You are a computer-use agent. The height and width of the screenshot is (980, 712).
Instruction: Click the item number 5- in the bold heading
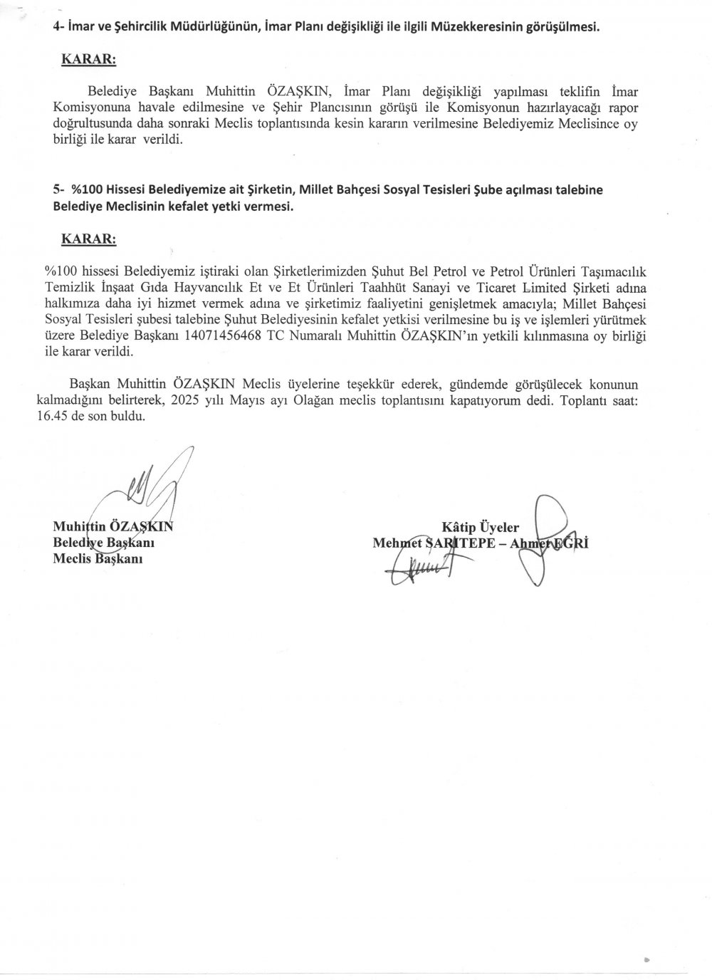pos(59,190)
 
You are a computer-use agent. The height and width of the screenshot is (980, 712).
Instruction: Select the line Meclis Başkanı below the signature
pos(98,558)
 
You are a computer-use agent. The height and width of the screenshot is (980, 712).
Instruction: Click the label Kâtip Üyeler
pos(481,528)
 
